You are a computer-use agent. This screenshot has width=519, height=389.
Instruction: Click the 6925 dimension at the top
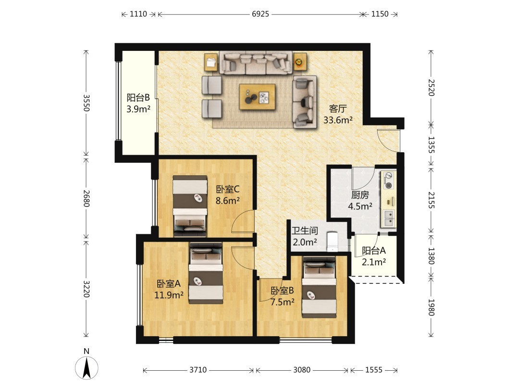coord(260,14)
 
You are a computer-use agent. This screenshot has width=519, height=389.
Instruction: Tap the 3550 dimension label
coord(86,103)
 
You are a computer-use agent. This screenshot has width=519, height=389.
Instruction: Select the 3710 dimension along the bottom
coord(198,370)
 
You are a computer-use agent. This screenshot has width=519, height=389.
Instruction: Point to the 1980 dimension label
coord(431,307)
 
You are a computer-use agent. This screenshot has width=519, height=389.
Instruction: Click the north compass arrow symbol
coord(86,368)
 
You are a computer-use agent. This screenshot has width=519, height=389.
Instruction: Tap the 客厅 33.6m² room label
coord(338,114)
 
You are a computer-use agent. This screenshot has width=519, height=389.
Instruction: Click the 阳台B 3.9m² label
coord(138,103)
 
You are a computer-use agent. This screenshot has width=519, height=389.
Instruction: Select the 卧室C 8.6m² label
coord(228,195)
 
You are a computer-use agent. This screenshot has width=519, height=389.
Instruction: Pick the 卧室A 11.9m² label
coord(169,289)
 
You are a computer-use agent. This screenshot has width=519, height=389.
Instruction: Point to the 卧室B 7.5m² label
coord(283,296)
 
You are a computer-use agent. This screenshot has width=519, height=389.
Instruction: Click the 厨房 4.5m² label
coord(360,200)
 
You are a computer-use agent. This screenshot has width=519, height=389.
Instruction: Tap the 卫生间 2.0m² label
coord(305,236)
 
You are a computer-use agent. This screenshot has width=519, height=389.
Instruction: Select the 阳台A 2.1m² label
coord(374,256)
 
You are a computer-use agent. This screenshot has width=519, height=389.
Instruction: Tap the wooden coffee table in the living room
coord(258,97)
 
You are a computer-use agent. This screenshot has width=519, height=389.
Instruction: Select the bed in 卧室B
coord(319,286)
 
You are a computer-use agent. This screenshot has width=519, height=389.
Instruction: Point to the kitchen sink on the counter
coord(389,218)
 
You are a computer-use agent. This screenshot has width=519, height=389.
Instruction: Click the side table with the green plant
coord(299,61)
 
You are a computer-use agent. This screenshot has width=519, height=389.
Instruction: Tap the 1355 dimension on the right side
coord(431,145)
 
